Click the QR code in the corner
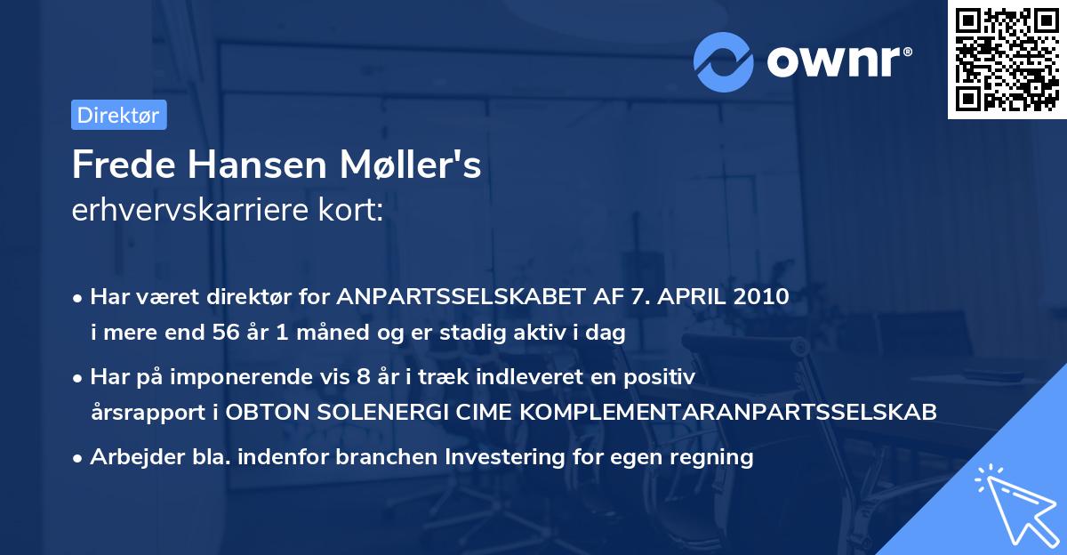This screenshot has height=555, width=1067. click(1007, 59)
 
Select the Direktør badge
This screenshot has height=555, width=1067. click(118, 115)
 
